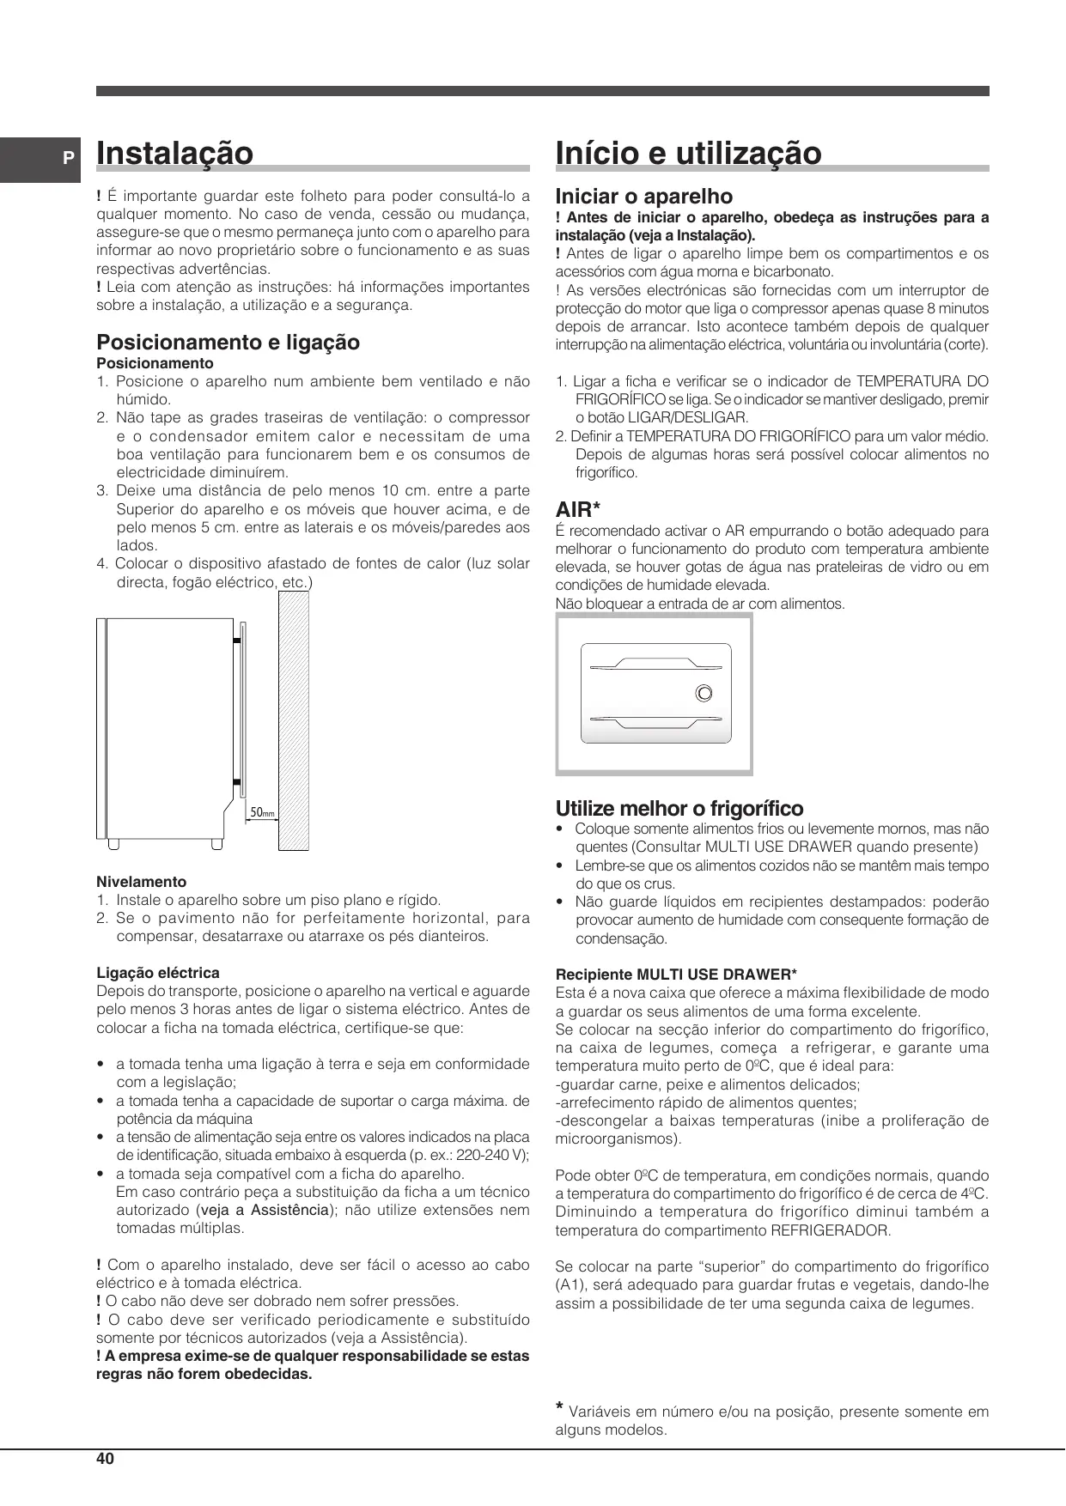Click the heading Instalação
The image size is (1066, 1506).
175,154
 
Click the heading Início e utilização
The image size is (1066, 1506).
688,154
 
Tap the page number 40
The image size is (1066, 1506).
105,1459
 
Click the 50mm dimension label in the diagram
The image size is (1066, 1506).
262,812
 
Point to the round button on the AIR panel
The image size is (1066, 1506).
704,693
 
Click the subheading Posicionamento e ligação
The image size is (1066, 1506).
228,343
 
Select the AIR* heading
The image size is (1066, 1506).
577,511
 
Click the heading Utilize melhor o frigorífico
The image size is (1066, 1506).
679,809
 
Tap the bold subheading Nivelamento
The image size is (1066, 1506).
141,882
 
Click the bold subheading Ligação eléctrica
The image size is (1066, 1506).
157,973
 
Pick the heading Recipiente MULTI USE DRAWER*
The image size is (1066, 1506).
676,975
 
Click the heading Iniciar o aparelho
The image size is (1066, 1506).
643,197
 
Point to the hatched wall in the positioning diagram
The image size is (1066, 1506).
292,721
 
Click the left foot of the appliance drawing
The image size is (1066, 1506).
113,843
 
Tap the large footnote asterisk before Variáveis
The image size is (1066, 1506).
560,1407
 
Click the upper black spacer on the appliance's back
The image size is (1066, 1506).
235,640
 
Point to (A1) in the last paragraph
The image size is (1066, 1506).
570,1285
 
